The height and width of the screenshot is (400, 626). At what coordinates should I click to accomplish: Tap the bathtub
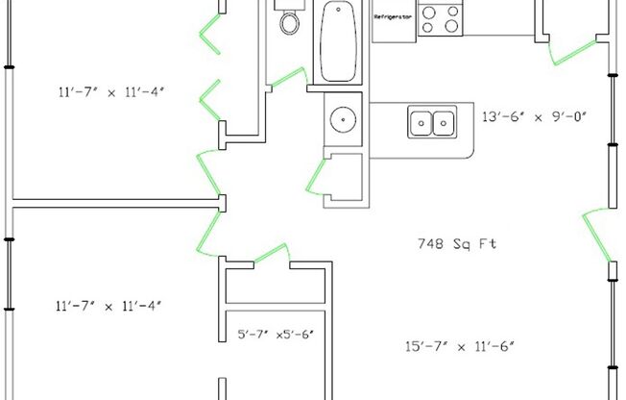pyautogui.click(x=338, y=41)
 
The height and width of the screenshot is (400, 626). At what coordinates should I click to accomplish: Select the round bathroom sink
pyautogui.click(x=343, y=119)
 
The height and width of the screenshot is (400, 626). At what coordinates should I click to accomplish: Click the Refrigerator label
pyautogui.click(x=393, y=17)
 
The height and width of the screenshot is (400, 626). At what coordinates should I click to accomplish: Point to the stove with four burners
pyautogui.click(x=441, y=19)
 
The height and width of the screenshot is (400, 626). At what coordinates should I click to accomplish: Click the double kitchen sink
pyautogui.click(x=432, y=122)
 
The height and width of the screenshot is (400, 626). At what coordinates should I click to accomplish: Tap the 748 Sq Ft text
pyautogui.click(x=457, y=243)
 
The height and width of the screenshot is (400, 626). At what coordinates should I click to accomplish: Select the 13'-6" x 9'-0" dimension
pyautogui.click(x=534, y=116)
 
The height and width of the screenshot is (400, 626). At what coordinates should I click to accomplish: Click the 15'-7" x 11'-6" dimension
pyautogui.click(x=460, y=346)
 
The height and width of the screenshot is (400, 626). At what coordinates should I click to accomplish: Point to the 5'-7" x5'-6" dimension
pyautogui.click(x=276, y=334)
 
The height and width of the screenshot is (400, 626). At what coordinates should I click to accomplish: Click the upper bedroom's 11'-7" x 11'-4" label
pyautogui.click(x=111, y=92)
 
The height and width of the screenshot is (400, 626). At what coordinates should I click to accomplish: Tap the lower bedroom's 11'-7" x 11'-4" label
pyautogui.click(x=108, y=307)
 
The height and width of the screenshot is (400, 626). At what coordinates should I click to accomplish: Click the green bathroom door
pyautogui.click(x=288, y=76)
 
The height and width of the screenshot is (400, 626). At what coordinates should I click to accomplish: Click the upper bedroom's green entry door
pyautogui.click(x=208, y=173)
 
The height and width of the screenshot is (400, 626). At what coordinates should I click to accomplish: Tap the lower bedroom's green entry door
pyautogui.click(x=208, y=234)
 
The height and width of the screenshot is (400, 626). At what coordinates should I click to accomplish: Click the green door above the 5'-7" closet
pyautogui.click(x=272, y=252)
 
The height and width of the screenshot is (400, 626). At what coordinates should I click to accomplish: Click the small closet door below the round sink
pyautogui.click(x=316, y=177)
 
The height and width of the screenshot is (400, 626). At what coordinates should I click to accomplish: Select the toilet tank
pyautogui.click(x=290, y=5)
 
